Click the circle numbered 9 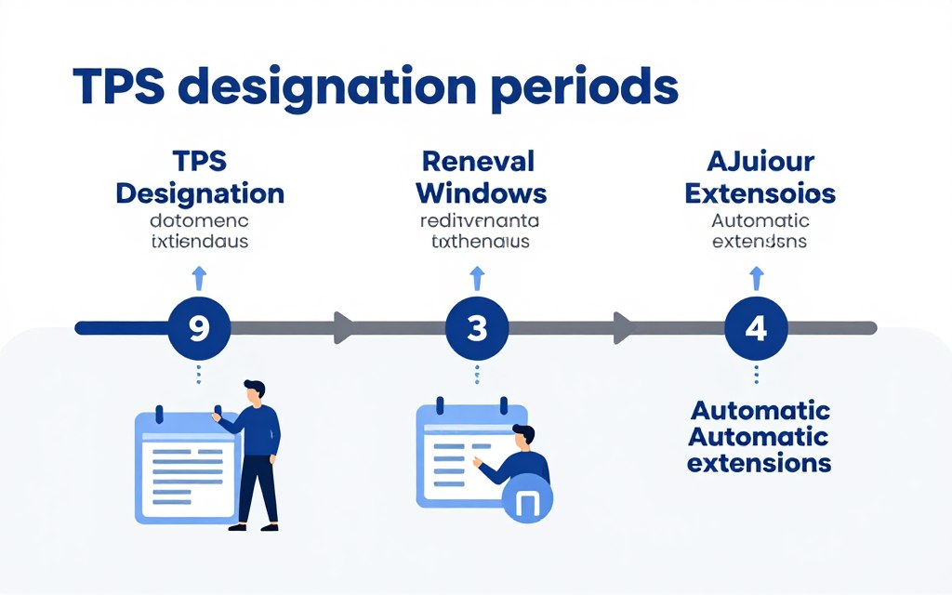pyautogui.click(x=198, y=328)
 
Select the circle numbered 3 pyautogui.click(x=477, y=328)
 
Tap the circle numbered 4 pyautogui.click(x=756, y=328)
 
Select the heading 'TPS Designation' pyautogui.click(x=200, y=178)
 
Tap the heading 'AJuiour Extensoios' pyautogui.click(x=760, y=178)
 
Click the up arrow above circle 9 pyautogui.click(x=198, y=276)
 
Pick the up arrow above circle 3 pyautogui.click(x=477, y=276)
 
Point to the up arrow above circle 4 pyautogui.click(x=756, y=276)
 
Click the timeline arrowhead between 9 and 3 pyautogui.click(x=343, y=327)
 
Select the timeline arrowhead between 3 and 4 pyautogui.click(x=622, y=327)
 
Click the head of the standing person pyautogui.click(x=253, y=390)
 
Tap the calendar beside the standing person pyautogui.click(x=186, y=465)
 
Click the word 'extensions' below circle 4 pyautogui.click(x=760, y=463)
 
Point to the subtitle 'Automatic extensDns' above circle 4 pyautogui.click(x=760, y=231)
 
